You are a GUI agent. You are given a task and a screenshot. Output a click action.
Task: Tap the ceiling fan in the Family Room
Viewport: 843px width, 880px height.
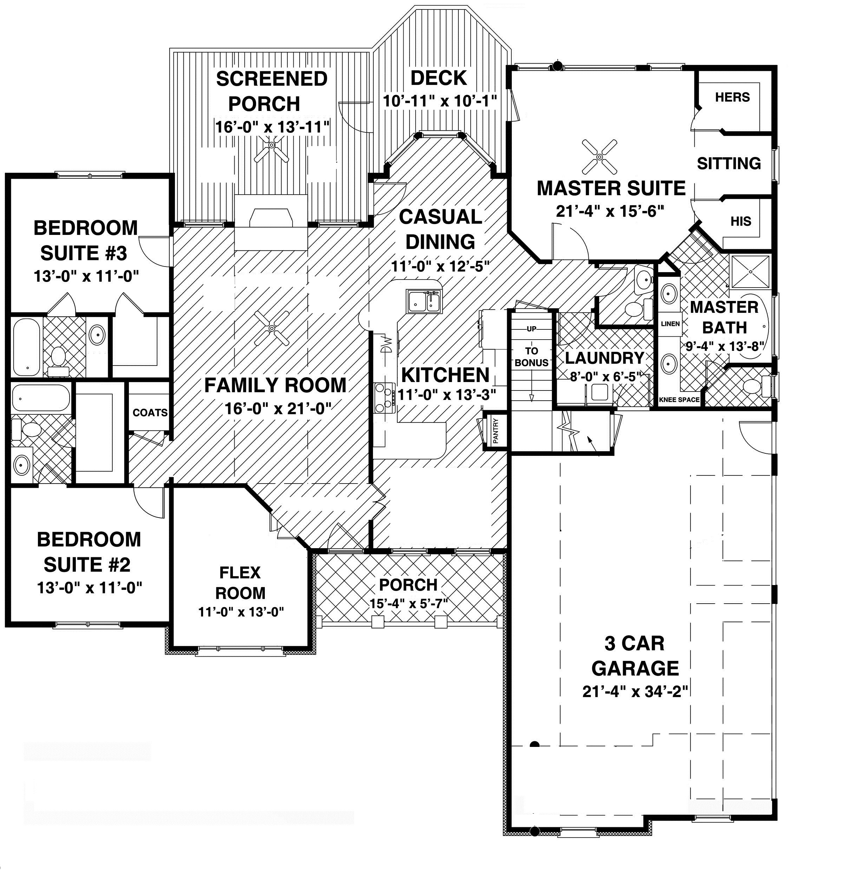click(271, 329)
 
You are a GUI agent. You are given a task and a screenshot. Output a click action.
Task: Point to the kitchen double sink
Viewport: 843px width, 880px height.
click(424, 301)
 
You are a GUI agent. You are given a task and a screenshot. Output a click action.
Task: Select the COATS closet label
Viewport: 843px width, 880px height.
click(150, 412)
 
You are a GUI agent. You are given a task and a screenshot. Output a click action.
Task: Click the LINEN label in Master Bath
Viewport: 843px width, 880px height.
click(670, 323)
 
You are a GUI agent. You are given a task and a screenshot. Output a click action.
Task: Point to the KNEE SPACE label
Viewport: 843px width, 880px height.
click(679, 400)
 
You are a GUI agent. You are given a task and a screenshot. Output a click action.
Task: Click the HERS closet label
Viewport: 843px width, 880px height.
click(732, 97)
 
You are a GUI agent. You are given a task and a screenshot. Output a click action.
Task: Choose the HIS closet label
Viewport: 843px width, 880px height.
click(740, 221)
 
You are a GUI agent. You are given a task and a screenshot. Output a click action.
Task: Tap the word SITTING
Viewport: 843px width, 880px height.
click(729, 163)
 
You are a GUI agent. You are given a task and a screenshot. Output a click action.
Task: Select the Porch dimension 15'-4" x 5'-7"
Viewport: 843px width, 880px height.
click(408, 603)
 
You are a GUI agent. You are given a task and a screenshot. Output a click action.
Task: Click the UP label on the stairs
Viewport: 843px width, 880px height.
click(531, 329)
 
